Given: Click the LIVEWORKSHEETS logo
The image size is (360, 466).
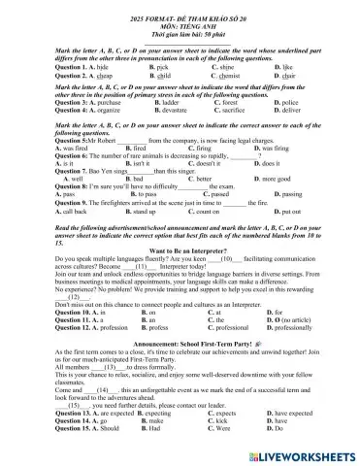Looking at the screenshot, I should pos(301,455).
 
